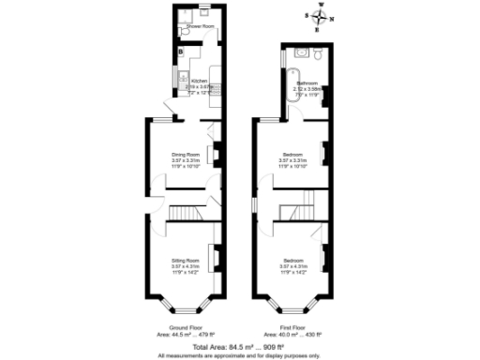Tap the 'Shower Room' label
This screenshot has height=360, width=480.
point(200,27)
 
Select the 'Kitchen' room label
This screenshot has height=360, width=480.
point(199,82)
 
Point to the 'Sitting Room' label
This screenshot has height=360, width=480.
point(185,259)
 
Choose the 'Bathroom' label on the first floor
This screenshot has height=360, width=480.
point(307,83)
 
